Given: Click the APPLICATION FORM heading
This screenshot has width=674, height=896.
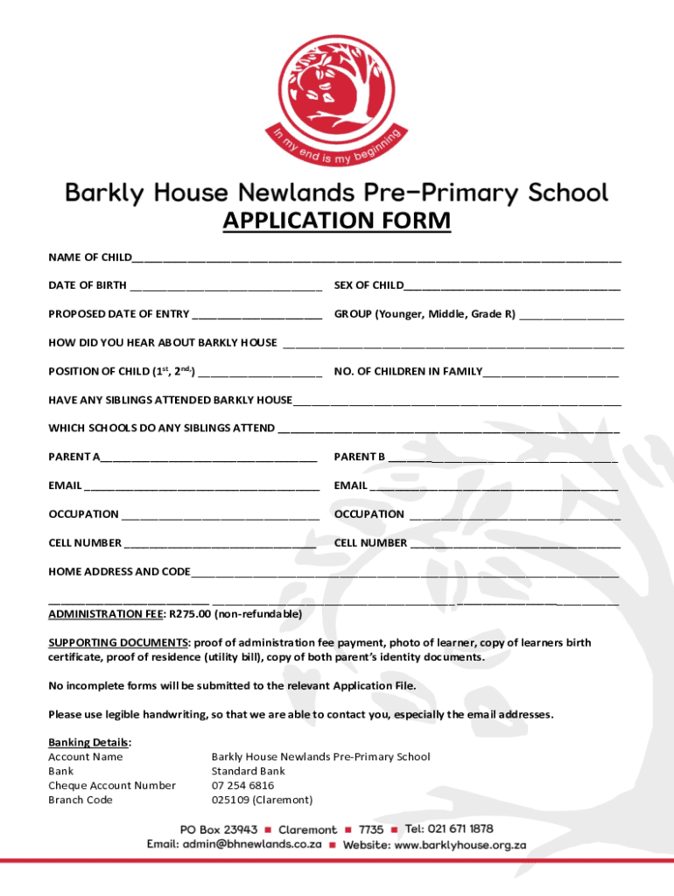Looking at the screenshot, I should [x=337, y=221].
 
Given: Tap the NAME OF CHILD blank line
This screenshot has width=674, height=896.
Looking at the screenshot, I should [x=376, y=259].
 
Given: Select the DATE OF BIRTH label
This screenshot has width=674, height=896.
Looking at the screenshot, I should [x=88, y=285].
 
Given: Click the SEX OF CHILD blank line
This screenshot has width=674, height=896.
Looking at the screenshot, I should [x=512, y=287].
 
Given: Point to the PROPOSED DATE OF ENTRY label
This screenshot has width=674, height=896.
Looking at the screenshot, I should [x=118, y=314].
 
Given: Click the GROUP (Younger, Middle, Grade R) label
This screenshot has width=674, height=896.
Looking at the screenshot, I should [x=425, y=314].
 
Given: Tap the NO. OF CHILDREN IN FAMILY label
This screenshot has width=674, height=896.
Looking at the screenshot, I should [x=408, y=372].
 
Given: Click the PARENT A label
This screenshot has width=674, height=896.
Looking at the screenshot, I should [x=74, y=457].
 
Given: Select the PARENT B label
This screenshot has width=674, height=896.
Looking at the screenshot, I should [x=360, y=457].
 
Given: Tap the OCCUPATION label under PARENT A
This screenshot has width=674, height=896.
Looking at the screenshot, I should [x=84, y=514].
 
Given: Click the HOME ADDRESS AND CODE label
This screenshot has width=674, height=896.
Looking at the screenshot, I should [x=119, y=571].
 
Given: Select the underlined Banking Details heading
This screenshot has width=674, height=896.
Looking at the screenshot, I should [x=89, y=742].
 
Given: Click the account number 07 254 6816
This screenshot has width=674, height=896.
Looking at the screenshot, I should [x=242, y=786].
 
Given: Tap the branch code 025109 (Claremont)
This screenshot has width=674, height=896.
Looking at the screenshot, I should [x=262, y=800].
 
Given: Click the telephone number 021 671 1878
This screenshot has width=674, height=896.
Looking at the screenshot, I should [x=461, y=829].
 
